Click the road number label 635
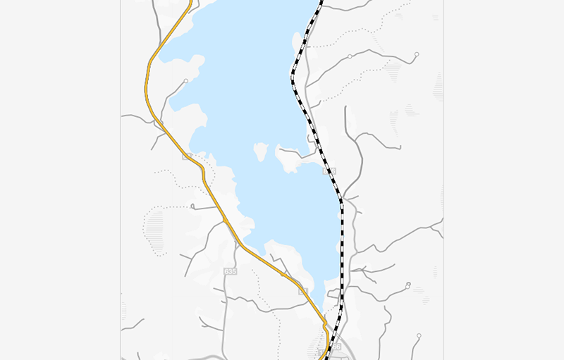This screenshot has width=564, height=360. tap(230, 271)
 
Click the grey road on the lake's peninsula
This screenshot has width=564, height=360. tap(290, 151)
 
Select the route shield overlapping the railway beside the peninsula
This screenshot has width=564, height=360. tap(331, 171)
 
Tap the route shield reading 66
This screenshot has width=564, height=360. tap(336, 347)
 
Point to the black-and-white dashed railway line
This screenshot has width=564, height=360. tap(341, 232)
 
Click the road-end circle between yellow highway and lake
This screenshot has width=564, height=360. tap(185, 82)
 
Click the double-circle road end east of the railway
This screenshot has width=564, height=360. tap(408, 285)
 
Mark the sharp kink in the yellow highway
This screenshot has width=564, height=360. tap(325, 325)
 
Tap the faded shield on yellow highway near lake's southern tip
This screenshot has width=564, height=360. tap(303, 290)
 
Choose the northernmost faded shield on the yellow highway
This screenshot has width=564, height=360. tap(186, 156)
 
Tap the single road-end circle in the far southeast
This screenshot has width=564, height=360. tap(419, 335)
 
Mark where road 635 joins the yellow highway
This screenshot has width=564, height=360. tap(225, 221)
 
